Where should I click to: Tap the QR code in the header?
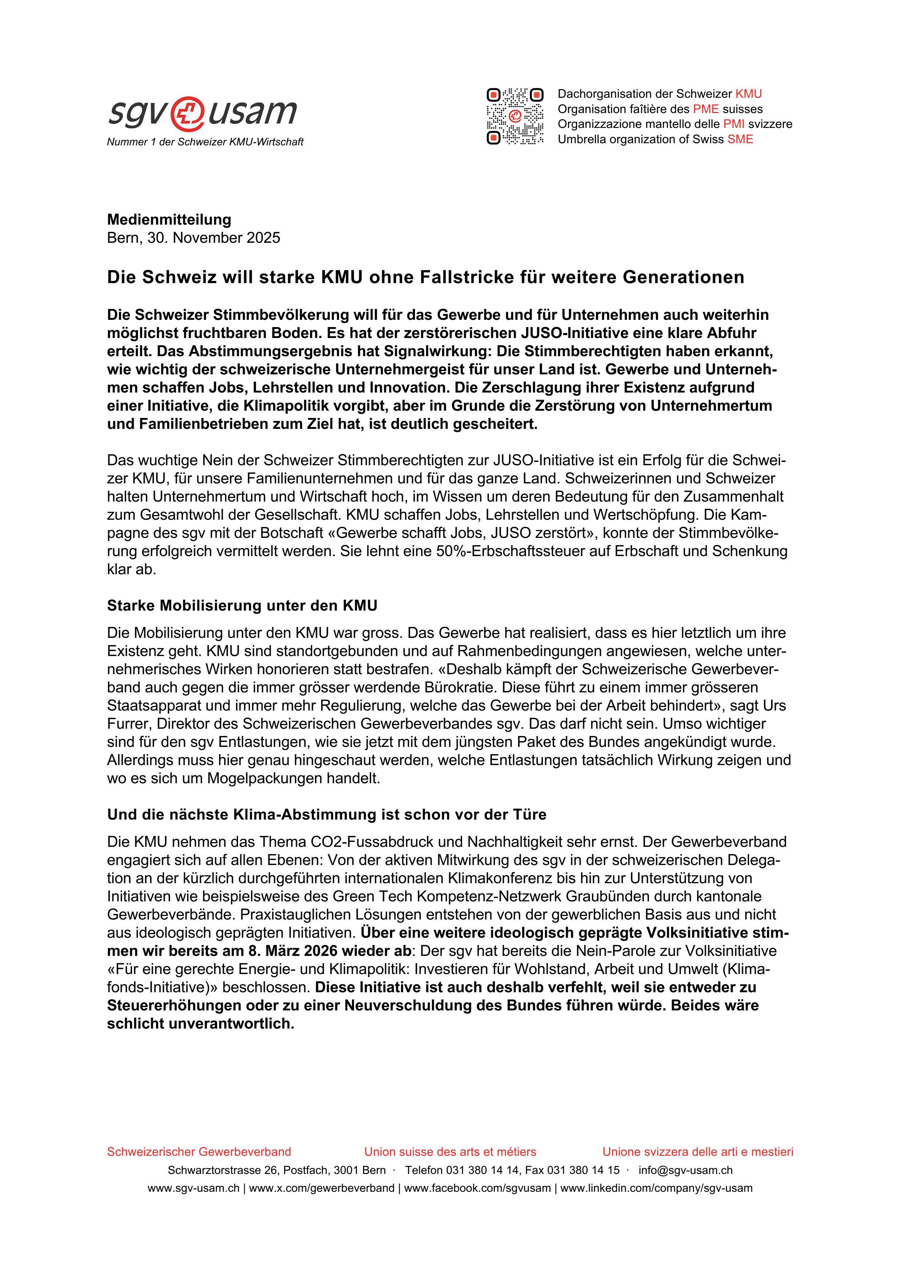point(515,117)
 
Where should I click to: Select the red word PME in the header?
point(705,109)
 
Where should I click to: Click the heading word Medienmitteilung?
point(169,220)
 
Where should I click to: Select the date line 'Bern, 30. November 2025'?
point(194,238)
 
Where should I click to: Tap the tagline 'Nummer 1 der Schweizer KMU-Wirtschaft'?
point(205,142)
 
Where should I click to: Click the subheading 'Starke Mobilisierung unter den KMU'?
point(242,605)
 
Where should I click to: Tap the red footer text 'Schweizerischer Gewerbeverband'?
point(199,1152)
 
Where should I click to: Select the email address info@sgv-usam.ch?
point(685,1170)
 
